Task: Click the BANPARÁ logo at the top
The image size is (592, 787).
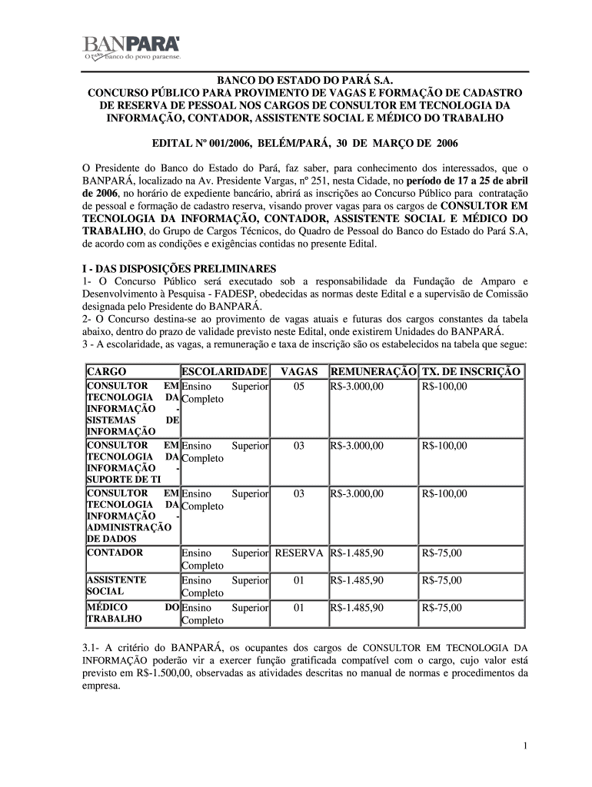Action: pyautogui.click(x=131, y=47)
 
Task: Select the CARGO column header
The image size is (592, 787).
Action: pyautogui.click(x=107, y=372)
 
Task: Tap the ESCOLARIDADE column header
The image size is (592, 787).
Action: pyautogui.click(x=224, y=372)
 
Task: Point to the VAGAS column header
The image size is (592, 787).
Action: pyautogui.click(x=299, y=372)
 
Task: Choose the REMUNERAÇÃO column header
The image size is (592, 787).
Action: pyautogui.click(x=373, y=372)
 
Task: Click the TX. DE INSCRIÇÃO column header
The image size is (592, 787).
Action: pyautogui.click(x=471, y=372)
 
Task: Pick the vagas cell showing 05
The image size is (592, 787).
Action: pyautogui.click(x=299, y=386)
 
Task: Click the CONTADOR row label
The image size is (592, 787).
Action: pyautogui.click(x=115, y=553)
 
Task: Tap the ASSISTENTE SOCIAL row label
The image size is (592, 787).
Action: pyautogui.click(x=117, y=586)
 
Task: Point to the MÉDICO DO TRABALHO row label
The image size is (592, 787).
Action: pyautogui.click(x=132, y=613)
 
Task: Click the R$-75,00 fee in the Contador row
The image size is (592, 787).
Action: pyautogui.click(x=442, y=553)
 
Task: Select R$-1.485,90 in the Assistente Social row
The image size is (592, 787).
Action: pyautogui.click(x=357, y=580)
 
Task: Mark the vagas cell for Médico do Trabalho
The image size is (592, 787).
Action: pyautogui.click(x=299, y=608)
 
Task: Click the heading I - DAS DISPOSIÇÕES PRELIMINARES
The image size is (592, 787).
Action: pyautogui.click(x=179, y=269)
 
